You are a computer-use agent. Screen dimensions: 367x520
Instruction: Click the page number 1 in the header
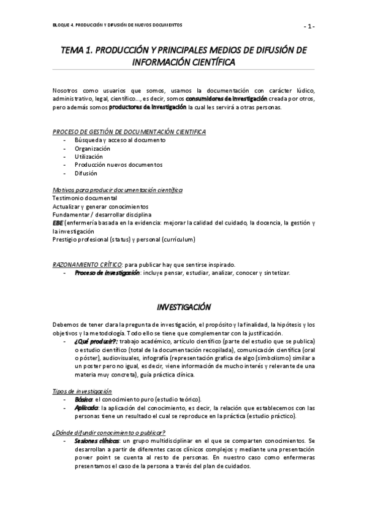click(311, 26)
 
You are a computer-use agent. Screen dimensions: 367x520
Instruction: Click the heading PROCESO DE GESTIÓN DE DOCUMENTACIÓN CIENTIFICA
click(129, 132)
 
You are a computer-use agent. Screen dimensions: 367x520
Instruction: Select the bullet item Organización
click(93, 148)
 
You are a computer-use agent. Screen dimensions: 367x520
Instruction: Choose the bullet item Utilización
click(89, 156)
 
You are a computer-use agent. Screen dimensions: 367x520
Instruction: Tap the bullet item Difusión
click(86, 173)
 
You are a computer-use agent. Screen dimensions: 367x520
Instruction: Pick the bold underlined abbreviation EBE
click(58, 223)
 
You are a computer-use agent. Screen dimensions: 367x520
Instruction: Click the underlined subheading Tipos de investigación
click(81, 391)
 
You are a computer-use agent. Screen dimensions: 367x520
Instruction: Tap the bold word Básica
click(83, 399)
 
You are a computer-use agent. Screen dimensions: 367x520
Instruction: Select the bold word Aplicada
click(86, 408)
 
